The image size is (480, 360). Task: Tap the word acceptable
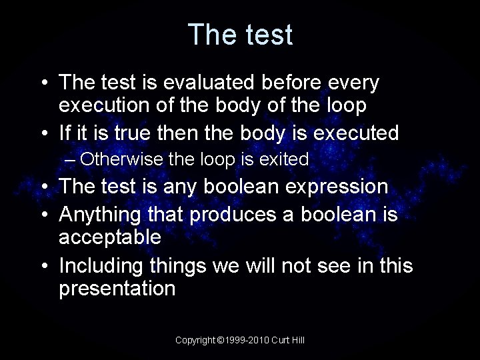[x=110, y=237]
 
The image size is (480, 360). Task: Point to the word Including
[x=101, y=266]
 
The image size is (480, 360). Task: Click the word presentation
[x=117, y=289]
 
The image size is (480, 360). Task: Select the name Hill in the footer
[x=297, y=340]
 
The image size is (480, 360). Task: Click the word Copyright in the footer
[x=195, y=340]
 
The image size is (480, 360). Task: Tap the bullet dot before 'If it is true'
[x=43, y=133]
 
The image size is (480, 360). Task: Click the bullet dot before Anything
[x=43, y=214]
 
